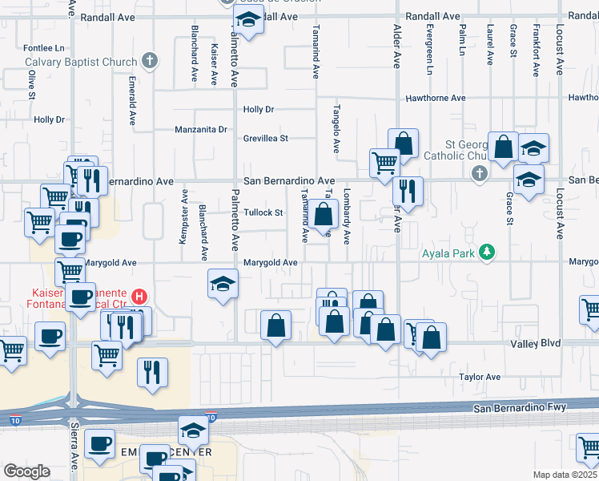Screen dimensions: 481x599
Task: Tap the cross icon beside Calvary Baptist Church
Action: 149,60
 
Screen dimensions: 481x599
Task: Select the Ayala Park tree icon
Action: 485,253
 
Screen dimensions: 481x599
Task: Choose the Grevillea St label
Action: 266,139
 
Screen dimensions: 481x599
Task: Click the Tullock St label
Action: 263,212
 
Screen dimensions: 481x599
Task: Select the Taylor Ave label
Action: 480,377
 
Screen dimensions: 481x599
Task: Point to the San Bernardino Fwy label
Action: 520,408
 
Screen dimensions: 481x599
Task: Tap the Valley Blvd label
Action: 536,343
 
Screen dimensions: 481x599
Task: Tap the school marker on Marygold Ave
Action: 223,284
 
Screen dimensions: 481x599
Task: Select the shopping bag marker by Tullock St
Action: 324,215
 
